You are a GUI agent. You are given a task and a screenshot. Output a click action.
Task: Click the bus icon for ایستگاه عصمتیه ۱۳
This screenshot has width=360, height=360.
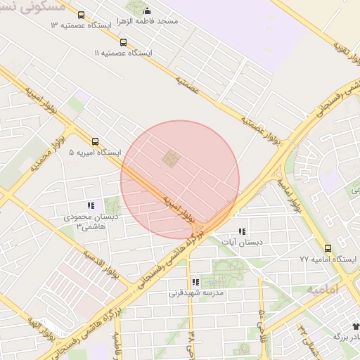pyautogui.click(x=81, y=15)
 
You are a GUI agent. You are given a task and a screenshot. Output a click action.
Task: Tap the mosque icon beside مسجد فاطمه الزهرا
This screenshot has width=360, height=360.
pyautogui.click(x=147, y=11)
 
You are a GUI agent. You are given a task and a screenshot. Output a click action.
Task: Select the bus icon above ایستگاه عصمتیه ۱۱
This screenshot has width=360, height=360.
pyautogui.click(x=124, y=42)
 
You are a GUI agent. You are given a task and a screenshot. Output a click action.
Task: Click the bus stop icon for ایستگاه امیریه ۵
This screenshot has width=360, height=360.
pyautogui.click(x=95, y=141)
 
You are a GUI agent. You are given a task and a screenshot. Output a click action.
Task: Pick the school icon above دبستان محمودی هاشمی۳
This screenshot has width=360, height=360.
pyautogui.click(x=91, y=205)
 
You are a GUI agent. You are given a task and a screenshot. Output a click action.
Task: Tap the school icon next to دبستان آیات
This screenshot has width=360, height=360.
pyautogui.click(x=242, y=231)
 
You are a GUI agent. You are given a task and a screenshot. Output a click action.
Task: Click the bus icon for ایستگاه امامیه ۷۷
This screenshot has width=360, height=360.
pyautogui.click(x=328, y=248)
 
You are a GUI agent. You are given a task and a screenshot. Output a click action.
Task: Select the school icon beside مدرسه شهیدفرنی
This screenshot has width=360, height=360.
pyautogui.click(x=195, y=282)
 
